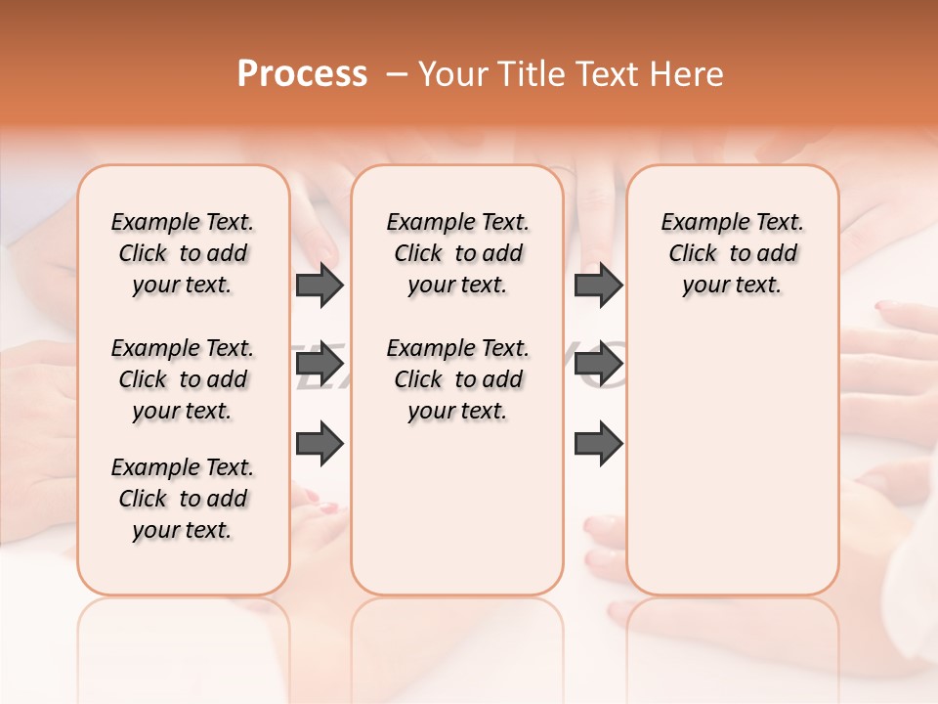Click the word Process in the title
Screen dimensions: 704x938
click(302, 74)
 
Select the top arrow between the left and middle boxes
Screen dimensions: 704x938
click(320, 285)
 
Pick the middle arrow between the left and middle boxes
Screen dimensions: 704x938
click(320, 365)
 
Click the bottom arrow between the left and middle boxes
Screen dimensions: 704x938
click(320, 445)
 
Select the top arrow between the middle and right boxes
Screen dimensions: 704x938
click(598, 285)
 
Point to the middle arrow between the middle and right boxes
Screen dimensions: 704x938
click(598, 365)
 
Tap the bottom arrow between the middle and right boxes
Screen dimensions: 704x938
click(598, 445)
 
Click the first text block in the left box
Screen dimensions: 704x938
click(183, 253)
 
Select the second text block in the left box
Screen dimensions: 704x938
click(183, 379)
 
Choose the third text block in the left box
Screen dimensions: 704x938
click(183, 499)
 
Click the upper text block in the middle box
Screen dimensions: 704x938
click(457, 253)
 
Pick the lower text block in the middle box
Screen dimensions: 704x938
click(457, 379)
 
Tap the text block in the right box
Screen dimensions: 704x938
click(733, 253)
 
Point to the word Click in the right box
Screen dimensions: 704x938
click(693, 254)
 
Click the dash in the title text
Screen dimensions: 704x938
click(397, 74)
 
